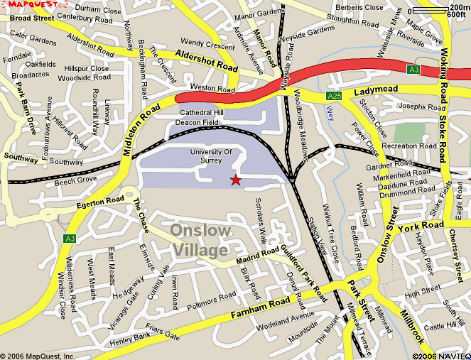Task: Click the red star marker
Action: tap(235, 181)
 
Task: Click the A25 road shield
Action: tap(335, 95)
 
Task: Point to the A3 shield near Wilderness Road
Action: tap(69, 238)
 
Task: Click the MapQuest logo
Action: tap(28, 5)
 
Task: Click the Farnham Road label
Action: tap(261, 306)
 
